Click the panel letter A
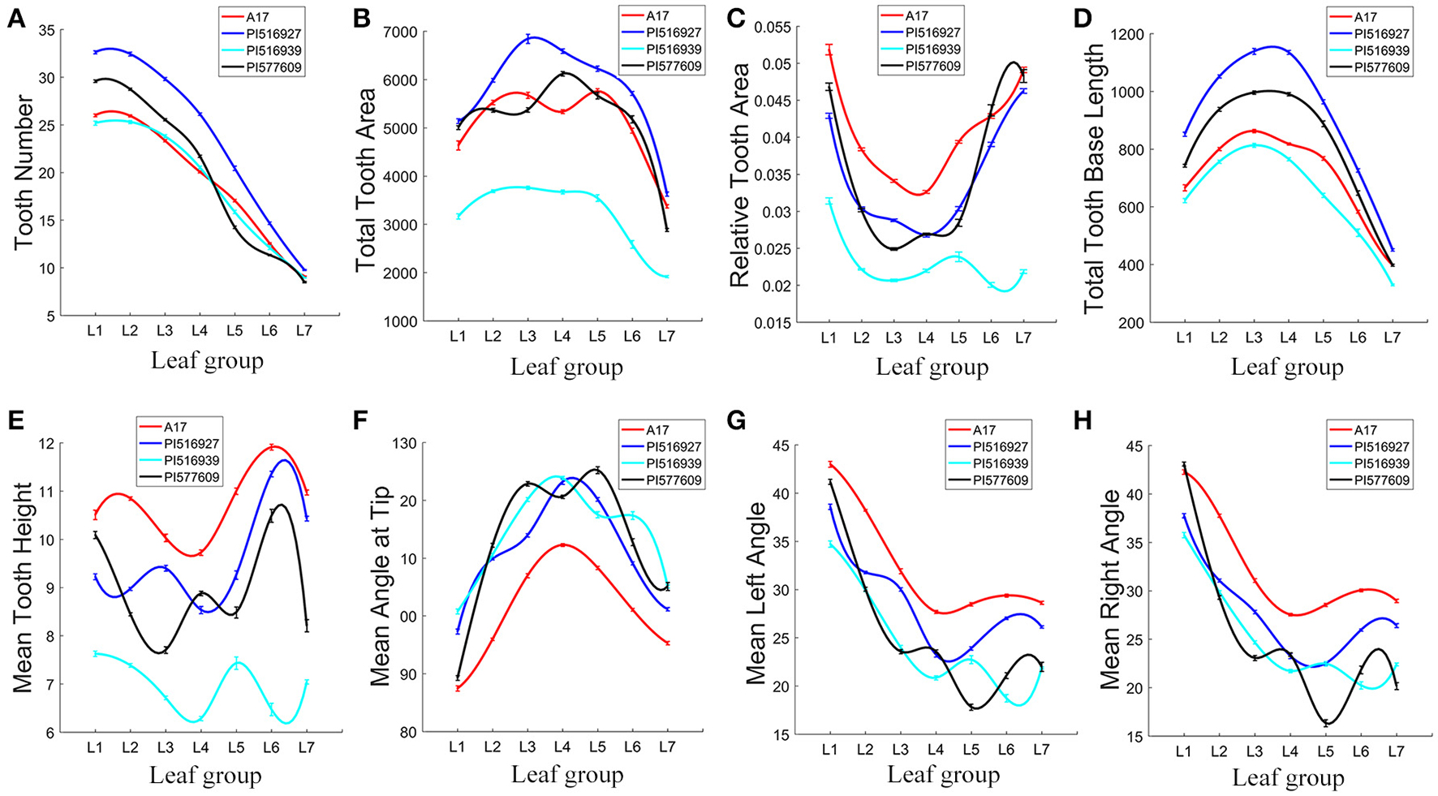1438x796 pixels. (x=15, y=18)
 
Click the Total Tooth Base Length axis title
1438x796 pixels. (x=1096, y=178)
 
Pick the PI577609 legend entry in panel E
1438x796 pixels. (x=192, y=478)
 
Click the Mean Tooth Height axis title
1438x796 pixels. (x=24, y=587)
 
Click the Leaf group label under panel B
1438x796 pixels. (x=566, y=366)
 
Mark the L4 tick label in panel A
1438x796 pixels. (x=200, y=330)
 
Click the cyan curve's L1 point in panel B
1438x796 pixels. (x=459, y=216)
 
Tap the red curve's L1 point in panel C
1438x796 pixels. (x=829, y=50)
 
